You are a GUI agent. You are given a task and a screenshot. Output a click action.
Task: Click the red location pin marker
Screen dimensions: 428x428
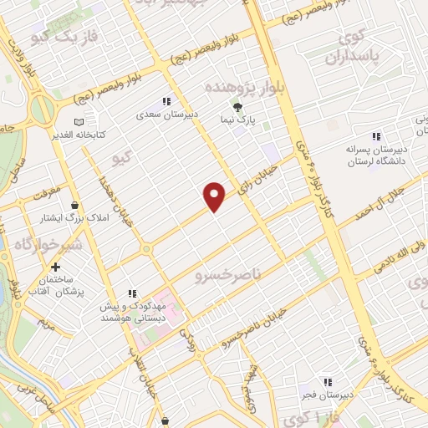pyautogui.click(x=215, y=195)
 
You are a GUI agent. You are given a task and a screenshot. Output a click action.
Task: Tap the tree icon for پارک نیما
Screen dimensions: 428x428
pyautogui.click(x=237, y=107)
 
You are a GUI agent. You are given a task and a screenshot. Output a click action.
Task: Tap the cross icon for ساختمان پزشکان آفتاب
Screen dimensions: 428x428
pyautogui.click(x=54, y=267)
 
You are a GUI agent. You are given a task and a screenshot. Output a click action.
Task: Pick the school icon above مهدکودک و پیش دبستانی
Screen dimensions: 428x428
pyautogui.click(x=131, y=293)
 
